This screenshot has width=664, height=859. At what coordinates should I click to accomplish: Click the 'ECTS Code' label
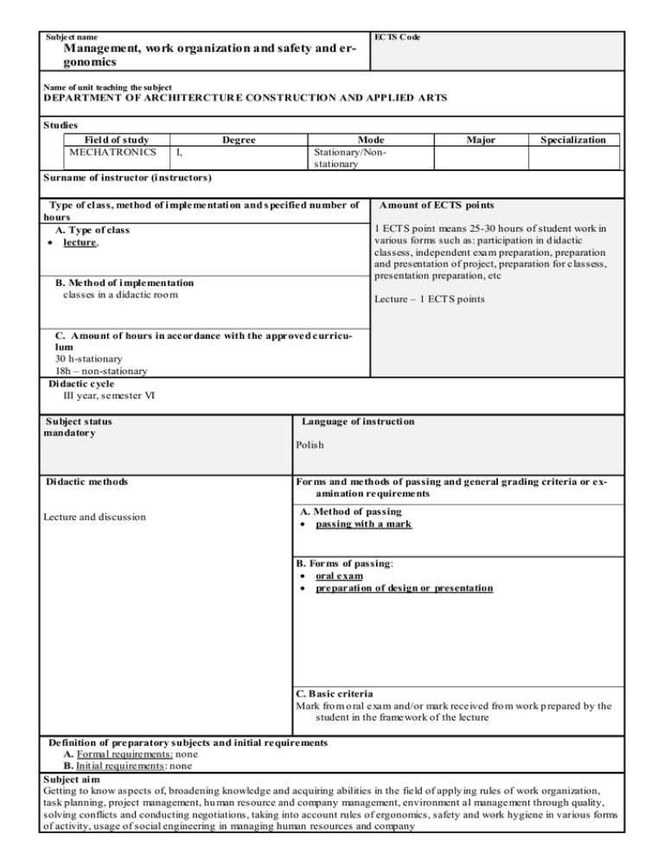(x=397, y=38)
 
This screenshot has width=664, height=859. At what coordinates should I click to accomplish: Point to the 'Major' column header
(x=479, y=139)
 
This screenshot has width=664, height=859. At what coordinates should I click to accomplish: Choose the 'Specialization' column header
(x=572, y=139)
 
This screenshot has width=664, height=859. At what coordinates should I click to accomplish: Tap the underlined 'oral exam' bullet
(x=338, y=575)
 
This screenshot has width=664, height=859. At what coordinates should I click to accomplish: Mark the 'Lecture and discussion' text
(x=94, y=518)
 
